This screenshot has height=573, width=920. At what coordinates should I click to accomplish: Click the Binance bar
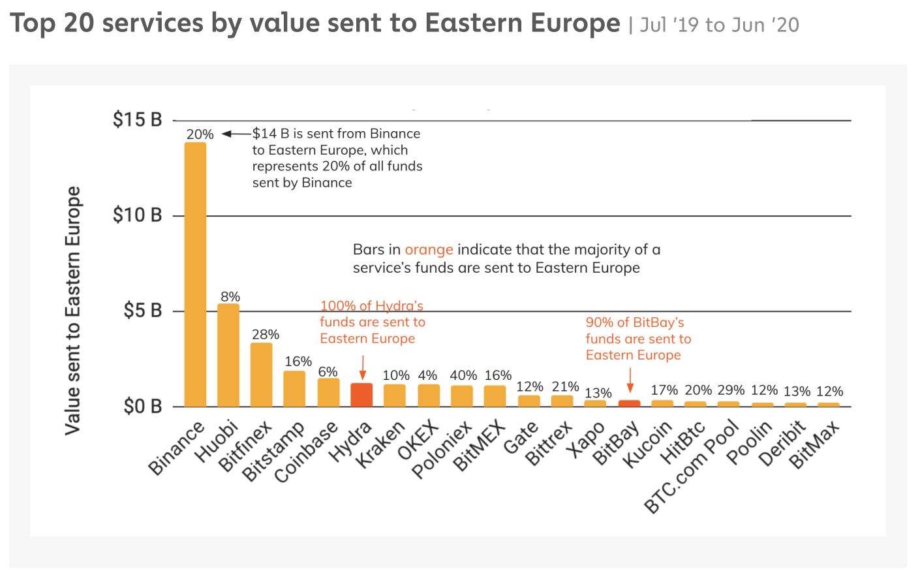pos(195,274)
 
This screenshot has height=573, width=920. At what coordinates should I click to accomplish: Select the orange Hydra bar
pos(361,395)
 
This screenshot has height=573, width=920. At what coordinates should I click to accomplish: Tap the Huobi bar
pos(228,355)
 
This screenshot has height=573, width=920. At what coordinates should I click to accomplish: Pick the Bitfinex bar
pos(261,375)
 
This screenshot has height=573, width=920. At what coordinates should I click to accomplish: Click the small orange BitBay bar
pos(629,403)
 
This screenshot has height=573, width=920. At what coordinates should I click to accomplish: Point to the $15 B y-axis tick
pos(137,120)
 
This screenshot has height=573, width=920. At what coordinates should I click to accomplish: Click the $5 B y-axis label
pos(142,311)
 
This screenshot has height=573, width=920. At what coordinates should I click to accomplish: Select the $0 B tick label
pos(142,407)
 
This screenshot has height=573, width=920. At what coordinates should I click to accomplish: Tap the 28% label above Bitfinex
pos(266,335)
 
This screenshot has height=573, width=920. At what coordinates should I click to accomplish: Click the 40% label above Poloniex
pos(463,375)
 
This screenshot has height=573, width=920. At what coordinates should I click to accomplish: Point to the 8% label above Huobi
pos(230,297)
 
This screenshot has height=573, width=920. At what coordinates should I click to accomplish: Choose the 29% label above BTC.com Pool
pos(731,390)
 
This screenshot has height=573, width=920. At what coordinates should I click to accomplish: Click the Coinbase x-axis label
pos(305,452)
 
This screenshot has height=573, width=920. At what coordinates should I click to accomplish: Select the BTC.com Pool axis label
pos(692,467)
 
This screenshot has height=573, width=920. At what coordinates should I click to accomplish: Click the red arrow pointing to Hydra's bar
pos(363,367)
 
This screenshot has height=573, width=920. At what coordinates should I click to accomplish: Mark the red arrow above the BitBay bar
pos(630,380)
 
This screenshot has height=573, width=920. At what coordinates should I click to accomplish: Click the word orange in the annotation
pos(429,250)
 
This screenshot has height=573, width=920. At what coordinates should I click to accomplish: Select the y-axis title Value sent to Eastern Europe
pos(72,311)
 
